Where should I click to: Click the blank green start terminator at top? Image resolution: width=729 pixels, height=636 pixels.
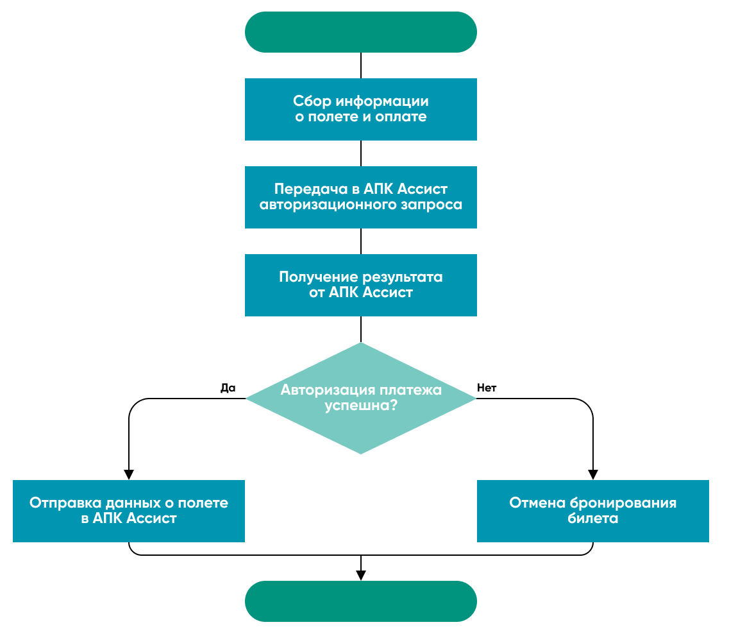pos(360,32)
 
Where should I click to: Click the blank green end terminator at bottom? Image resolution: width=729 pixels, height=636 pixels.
pos(360,601)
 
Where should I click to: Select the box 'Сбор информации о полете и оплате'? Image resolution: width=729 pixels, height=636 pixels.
pos(360,109)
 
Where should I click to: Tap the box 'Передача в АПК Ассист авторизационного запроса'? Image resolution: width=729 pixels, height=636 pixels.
pos(360,197)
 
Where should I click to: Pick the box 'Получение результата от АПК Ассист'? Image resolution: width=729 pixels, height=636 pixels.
pos(360,285)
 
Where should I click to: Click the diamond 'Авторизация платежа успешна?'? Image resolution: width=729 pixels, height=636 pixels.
pos(360,399)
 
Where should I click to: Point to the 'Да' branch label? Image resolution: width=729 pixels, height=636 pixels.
pos(228,388)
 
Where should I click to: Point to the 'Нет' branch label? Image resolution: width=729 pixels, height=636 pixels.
pos(487,388)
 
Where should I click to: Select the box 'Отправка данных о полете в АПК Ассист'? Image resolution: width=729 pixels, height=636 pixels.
pos(129,511)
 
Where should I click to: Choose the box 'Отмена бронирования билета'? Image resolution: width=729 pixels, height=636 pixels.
pos(593,511)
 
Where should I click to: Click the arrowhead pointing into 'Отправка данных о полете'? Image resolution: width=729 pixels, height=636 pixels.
pos(129,475)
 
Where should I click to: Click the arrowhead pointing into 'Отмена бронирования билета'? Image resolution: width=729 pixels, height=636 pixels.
pos(593,475)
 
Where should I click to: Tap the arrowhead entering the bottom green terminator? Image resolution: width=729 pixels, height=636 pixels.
pos(361,576)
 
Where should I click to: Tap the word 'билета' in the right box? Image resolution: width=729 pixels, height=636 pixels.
pos(593,519)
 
